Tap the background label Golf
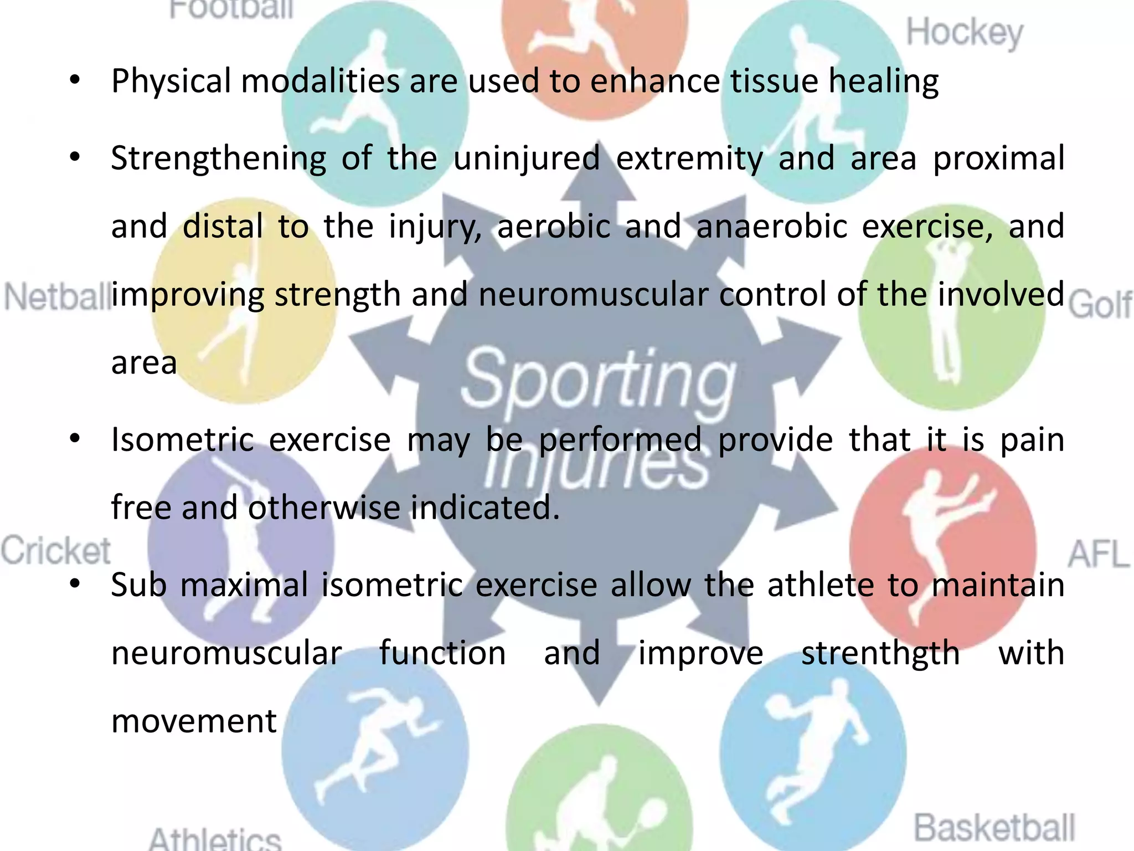click(1100, 305)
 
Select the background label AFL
click(1098, 554)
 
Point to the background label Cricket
click(55, 551)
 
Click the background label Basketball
click(994, 828)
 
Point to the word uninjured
click(527, 158)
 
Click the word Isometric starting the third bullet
click(182, 440)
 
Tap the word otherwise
click(324, 507)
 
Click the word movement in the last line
click(194, 721)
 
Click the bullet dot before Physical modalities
click(76, 80)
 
